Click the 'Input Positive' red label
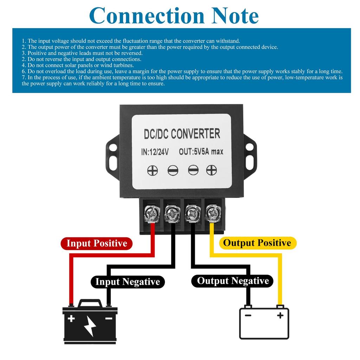(x=96, y=243)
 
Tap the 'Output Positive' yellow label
(x=257, y=243)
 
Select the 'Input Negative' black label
(x=128, y=282)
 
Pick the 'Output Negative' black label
(x=233, y=281)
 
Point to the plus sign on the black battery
(x=71, y=319)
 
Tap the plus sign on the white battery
(x=280, y=315)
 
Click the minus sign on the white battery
(x=248, y=315)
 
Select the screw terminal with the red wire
(x=152, y=212)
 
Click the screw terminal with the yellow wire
(x=213, y=212)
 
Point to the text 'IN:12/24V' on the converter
(x=155, y=152)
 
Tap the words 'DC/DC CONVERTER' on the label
(x=182, y=134)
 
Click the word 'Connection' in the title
(x=147, y=15)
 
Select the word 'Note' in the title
(x=236, y=15)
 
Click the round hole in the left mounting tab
(x=113, y=147)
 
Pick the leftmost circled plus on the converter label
(x=152, y=171)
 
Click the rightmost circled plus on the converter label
(x=211, y=170)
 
